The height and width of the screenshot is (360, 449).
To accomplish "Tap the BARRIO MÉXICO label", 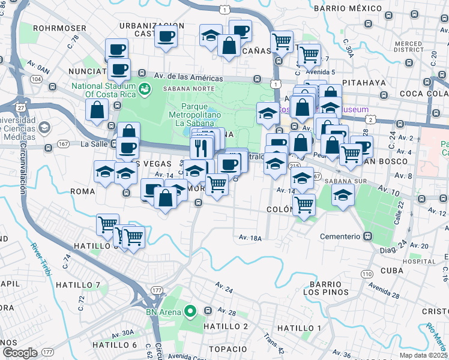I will coord(348,8).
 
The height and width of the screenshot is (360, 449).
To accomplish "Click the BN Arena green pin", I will coord(191,311).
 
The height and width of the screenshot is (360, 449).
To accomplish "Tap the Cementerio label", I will coord(339,236).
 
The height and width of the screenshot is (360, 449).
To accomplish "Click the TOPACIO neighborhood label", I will coord(228,349).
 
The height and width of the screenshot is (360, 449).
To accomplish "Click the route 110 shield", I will coord(366,274).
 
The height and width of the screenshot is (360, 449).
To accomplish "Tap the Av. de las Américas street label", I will coord(188,77).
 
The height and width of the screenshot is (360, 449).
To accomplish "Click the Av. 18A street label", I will coord(250,238).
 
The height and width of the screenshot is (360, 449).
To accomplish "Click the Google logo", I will coord(20,353).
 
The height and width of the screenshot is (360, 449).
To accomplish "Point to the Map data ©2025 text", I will coord(424,355).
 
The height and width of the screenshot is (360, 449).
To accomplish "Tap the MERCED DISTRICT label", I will coord(408,46).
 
